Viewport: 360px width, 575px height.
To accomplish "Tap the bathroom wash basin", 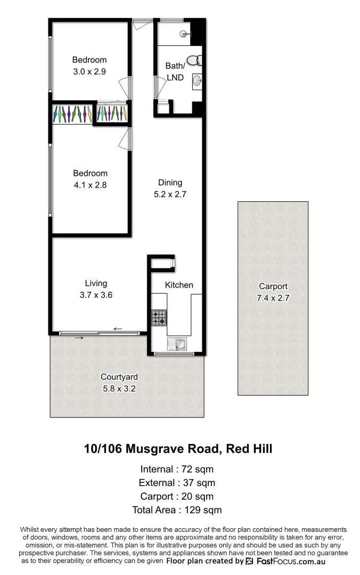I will point(197,80).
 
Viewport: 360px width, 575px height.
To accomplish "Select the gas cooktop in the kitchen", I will point(159,318).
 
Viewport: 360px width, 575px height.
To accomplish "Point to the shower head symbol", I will point(185,34).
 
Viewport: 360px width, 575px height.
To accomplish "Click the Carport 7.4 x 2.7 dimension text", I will point(273,298).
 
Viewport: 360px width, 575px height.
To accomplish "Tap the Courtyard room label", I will point(119,377).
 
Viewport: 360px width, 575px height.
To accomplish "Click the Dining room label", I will point(170,183).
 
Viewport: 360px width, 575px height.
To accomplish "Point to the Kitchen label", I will point(179,285).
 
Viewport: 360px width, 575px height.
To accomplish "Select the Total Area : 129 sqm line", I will point(177,510).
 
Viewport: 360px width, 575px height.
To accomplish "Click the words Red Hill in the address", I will point(249,449).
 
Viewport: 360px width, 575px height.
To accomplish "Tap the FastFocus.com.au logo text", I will point(291,561).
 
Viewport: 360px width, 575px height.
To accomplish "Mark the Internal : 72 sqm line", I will point(177,470).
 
